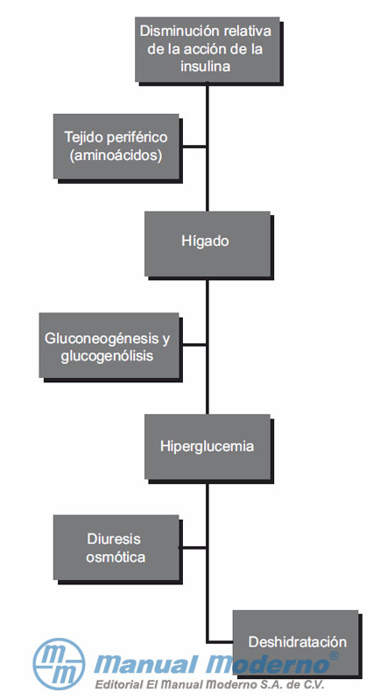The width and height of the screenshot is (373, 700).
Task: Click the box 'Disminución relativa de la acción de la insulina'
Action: (208, 50)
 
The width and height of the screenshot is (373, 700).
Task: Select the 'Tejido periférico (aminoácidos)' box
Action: (116, 146)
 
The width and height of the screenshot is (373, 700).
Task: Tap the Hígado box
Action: (208, 244)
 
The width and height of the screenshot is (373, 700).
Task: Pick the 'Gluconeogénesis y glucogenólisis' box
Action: (109, 345)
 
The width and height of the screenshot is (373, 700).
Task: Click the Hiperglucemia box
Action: (208, 446)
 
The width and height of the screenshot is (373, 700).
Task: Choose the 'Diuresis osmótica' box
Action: (116, 548)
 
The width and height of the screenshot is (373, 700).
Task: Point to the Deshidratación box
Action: (296, 642)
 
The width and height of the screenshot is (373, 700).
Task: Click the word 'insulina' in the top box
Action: (206, 66)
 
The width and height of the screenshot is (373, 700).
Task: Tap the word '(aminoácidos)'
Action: (116, 157)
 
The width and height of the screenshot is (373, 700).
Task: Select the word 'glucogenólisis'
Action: (107, 356)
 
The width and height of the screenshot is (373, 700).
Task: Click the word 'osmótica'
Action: (116, 557)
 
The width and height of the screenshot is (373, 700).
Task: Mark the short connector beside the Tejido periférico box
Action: (193, 146)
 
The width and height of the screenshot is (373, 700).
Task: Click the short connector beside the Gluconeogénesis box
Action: (193, 345)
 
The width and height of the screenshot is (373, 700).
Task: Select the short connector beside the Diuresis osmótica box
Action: (193, 548)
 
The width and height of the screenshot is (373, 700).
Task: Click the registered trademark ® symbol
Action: (334, 655)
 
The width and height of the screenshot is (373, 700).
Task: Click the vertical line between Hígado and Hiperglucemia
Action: (208, 345)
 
